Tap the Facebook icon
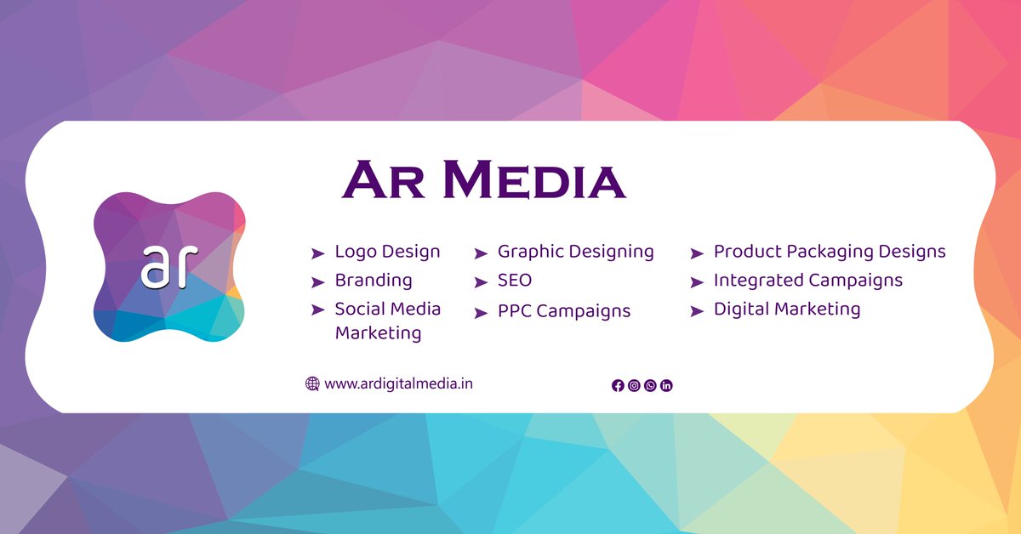tap(618, 385)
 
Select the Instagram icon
tap(634, 385)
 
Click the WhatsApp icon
tap(650, 385)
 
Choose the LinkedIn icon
tap(666, 385)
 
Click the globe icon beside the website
tap(312, 383)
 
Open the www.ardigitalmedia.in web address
tap(399, 383)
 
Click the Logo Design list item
tap(387, 252)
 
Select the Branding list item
tap(373, 281)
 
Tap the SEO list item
tap(515, 281)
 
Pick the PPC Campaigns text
tap(564, 311)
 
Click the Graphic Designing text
tap(575, 252)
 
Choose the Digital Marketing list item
tap(787, 310)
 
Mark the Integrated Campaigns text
tap(807, 281)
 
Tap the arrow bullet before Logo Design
tap(317, 253)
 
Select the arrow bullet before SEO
tap(481, 282)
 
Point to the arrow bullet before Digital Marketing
tap(697, 311)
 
